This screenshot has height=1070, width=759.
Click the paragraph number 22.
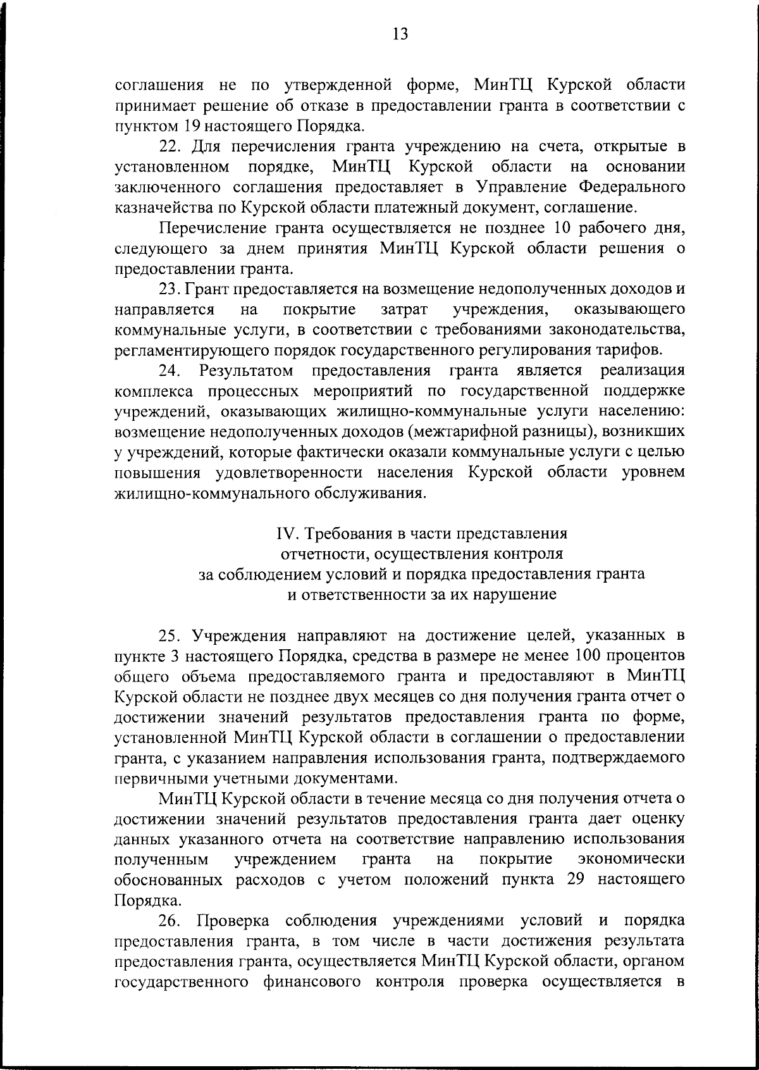(x=170, y=146)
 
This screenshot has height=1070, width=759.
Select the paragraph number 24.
(x=170, y=370)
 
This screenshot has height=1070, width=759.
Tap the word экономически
(x=632, y=859)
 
